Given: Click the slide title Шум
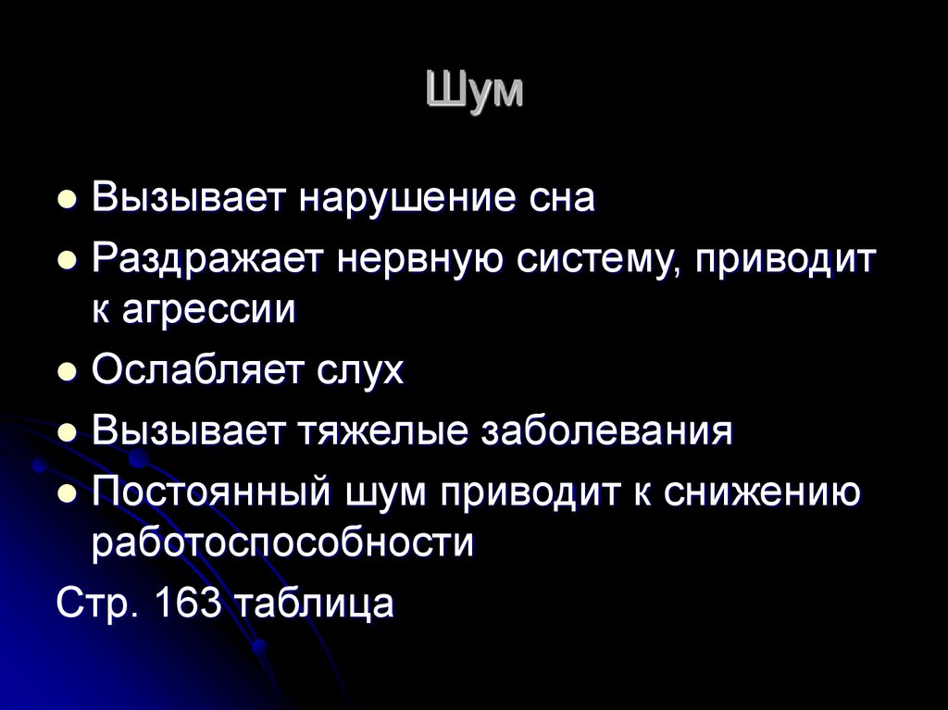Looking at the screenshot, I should (x=475, y=91).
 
